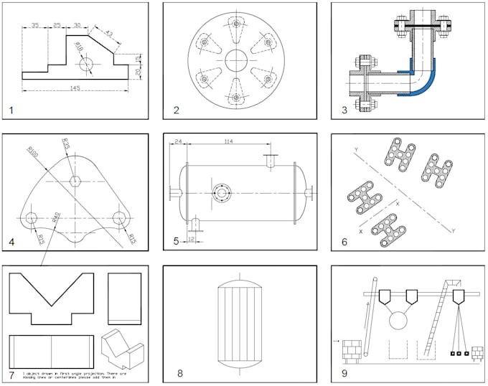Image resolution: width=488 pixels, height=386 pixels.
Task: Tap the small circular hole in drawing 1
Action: point(88,62)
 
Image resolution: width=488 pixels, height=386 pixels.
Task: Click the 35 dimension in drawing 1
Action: point(35,27)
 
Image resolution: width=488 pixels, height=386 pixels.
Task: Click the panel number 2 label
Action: point(177,110)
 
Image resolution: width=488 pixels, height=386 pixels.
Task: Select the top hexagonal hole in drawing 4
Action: point(75,181)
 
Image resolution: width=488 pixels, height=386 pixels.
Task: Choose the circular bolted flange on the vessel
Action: point(222,192)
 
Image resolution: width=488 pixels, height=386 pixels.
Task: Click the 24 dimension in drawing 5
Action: point(177,142)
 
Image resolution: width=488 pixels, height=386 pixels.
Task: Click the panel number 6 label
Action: point(344,242)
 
